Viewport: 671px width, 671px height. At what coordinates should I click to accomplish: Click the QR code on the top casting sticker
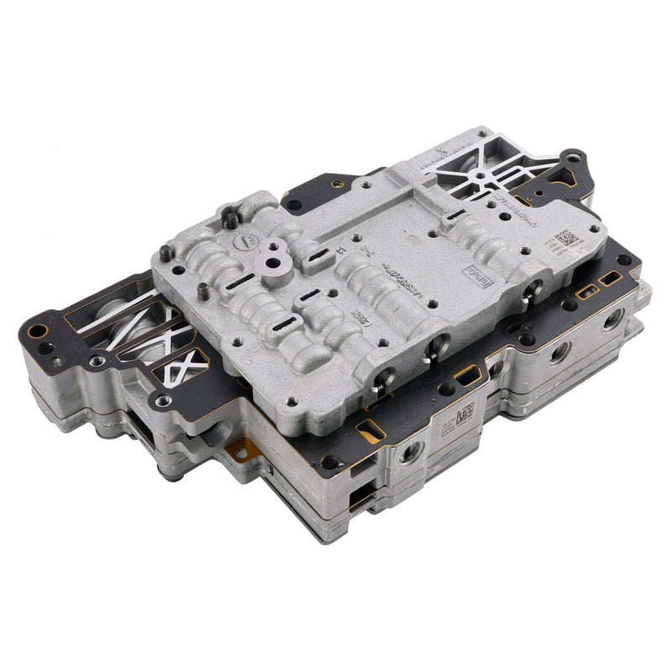(x=564, y=241)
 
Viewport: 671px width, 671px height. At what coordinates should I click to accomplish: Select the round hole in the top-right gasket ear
(x=572, y=157)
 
